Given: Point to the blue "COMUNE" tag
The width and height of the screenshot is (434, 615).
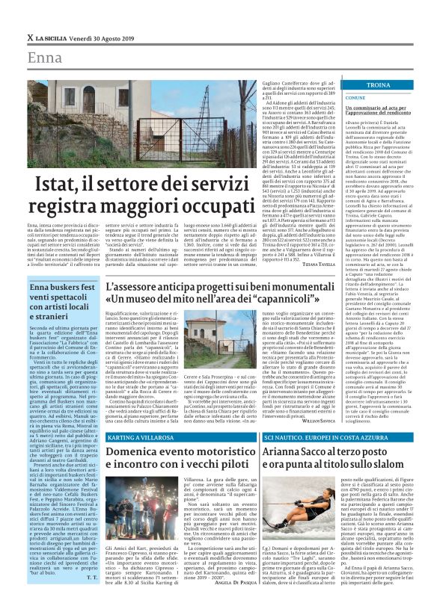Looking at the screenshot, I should pos(355,98).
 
